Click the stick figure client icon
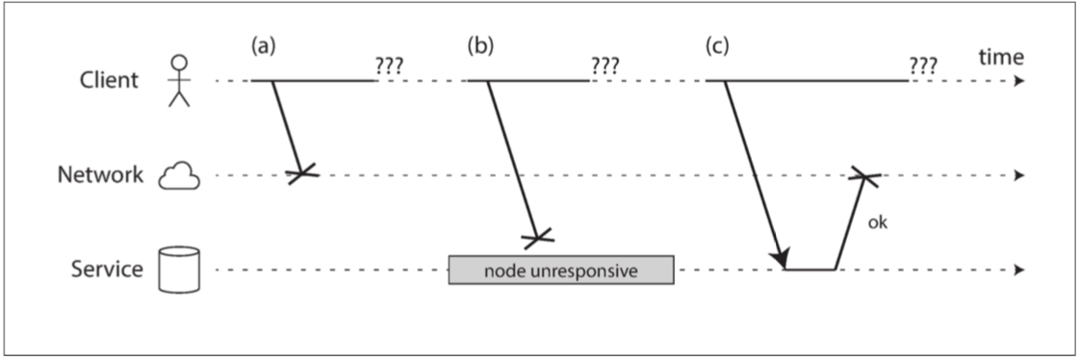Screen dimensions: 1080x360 pos(179,81)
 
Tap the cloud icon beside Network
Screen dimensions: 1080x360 pos(179,176)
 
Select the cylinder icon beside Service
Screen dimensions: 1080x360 pos(179,270)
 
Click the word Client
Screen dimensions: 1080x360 pos(110,81)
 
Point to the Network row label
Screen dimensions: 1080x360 pos(100,175)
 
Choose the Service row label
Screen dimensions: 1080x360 pos(107,269)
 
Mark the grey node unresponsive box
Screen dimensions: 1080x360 pos(561,270)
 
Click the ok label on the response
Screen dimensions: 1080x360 pos(878,223)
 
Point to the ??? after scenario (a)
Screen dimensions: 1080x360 pos(389,65)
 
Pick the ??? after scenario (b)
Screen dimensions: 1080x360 pos(605,65)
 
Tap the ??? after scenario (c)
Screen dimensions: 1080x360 pos(923,65)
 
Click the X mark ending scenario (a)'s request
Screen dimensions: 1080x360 pos(302,174)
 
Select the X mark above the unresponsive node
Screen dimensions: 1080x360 pos(538,239)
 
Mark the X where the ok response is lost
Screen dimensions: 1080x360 pos(864,176)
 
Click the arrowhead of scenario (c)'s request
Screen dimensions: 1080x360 pos(780,259)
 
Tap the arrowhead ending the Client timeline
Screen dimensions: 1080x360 pos(1020,81)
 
